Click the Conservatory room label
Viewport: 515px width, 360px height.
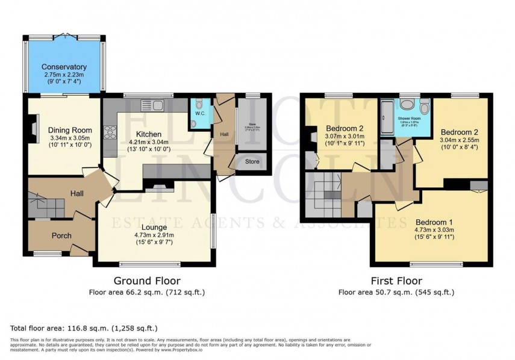click(x=64, y=67)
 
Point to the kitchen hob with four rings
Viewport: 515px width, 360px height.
click(x=110, y=131)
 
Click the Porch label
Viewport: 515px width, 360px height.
click(x=61, y=235)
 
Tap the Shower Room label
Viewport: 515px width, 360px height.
click(x=410, y=119)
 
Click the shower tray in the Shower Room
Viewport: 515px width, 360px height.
click(x=386, y=118)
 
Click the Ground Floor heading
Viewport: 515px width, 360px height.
click(x=147, y=281)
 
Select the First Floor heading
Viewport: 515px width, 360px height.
click(x=396, y=281)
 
